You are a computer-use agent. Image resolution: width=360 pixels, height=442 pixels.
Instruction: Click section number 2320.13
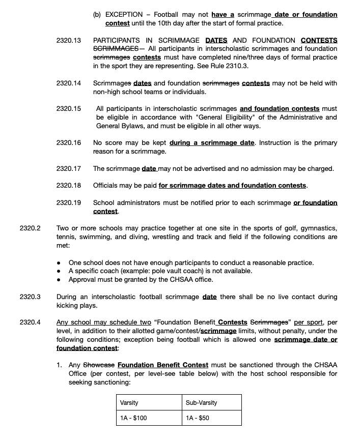(x=69, y=40)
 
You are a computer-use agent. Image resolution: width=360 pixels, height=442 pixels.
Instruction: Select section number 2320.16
(x=69, y=143)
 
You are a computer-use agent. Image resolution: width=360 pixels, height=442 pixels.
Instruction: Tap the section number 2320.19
(x=69, y=202)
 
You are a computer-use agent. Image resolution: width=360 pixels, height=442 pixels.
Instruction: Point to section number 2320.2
(x=30, y=228)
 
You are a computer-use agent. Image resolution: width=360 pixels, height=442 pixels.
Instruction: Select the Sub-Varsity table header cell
(x=212, y=402)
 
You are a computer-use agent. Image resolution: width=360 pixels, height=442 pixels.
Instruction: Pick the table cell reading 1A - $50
(x=212, y=418)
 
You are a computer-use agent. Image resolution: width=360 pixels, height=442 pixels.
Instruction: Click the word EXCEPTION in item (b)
(x=124, y=15)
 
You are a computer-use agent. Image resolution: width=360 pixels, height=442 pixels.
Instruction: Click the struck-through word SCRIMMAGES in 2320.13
(x=116, y=48)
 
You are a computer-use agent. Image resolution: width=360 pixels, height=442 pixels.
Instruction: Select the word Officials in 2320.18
(x=106, y=185)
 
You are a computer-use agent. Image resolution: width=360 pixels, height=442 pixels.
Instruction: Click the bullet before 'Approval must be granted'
(x=59, y=279)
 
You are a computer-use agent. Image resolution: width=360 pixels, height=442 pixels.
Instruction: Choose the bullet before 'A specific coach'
(x=59, y=271)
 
